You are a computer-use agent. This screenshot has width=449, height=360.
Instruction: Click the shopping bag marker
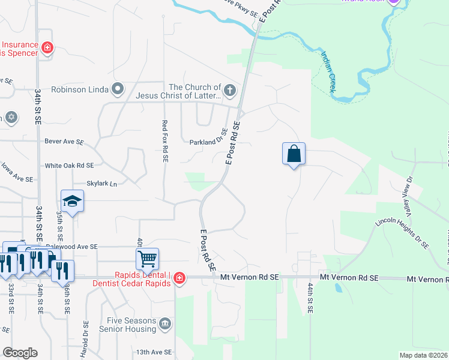[x=294, y=154]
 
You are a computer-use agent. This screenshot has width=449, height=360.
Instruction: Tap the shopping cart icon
[x=147, y=259]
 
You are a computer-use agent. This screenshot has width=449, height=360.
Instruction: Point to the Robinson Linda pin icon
[x=118, y=90]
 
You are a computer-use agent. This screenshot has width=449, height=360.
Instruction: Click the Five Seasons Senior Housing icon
[x=165, y=325]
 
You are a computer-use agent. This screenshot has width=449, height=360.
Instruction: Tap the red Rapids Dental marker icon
[x=179, y=278]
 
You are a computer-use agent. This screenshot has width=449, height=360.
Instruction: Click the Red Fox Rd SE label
[x=164, y=140]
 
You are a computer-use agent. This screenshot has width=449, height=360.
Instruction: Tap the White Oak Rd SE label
[x=70, y=165]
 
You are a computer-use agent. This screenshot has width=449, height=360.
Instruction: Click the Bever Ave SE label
[x=64, y=142]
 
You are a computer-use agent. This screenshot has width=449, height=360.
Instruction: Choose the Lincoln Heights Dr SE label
[x=402, y=232]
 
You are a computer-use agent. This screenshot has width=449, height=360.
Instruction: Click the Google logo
[x=20, y=353]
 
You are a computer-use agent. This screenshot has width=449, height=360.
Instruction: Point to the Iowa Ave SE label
[x=17, y=173]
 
